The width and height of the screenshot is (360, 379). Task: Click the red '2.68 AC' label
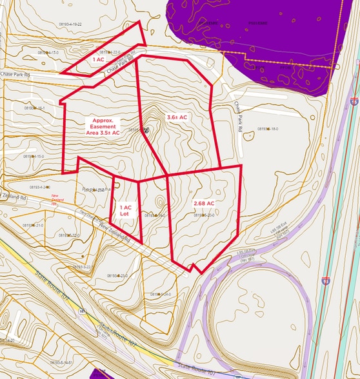click(x=203, y=204)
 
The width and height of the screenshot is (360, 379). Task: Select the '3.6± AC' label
click(x=177, y=117)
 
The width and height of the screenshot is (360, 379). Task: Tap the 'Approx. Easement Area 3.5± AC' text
click(x=103, y=126)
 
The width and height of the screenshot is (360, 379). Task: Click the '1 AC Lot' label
click(x=126, y=211)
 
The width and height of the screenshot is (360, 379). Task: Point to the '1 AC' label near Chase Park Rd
click(x=98, y=59)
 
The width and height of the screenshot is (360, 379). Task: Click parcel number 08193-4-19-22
click(x=70, y=24)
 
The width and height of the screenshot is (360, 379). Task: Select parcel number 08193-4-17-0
click(x=48, y=52)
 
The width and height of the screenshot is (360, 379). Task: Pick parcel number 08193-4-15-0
click(x=34, y=156)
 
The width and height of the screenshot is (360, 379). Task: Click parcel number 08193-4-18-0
click(x=268, y=129)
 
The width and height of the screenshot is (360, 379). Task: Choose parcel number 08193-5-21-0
click(x=33, y=226)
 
